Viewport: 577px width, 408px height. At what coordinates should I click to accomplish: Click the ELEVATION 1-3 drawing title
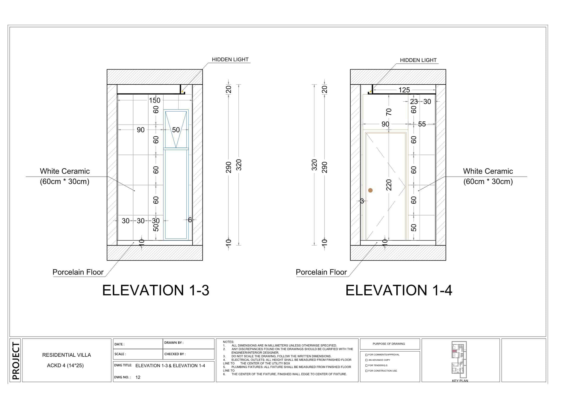(x=156, y=290)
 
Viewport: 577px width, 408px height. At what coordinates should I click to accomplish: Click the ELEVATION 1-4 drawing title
(x=399, y=290)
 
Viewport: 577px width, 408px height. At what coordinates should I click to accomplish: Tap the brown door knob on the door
(x=370, y=190)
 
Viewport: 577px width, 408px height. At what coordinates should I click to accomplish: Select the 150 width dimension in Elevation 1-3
(x=155, y=100)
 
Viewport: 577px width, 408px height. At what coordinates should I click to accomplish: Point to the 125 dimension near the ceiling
(x=404, y=90)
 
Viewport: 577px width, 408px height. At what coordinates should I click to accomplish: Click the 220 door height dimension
(x=389, y=185)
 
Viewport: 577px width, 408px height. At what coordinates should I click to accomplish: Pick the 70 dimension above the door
(x=389, y=112)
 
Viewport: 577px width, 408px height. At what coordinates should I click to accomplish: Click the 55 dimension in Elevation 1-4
(x=422, y=124)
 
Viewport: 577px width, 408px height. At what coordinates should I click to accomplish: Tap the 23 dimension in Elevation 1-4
(x=414, y=102)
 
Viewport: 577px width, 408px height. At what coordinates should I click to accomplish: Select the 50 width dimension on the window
(x=176, y=130)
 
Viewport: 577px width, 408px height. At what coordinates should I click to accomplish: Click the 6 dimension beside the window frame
(x=190, y=220)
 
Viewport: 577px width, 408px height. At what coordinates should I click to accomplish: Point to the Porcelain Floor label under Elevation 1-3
(x=78, y=272)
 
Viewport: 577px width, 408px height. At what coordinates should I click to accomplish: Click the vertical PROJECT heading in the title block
(x=16, y=361)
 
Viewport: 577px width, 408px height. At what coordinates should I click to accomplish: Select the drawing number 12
(x=138, y=377)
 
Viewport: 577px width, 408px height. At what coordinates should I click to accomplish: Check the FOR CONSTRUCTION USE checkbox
(x=366, y=371)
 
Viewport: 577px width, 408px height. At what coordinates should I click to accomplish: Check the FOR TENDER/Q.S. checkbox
(x=366, y=365)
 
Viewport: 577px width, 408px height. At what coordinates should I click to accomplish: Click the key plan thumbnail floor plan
(x=459, y=359)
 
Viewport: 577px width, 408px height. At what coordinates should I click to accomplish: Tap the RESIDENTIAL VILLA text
(x=66, y=355)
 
